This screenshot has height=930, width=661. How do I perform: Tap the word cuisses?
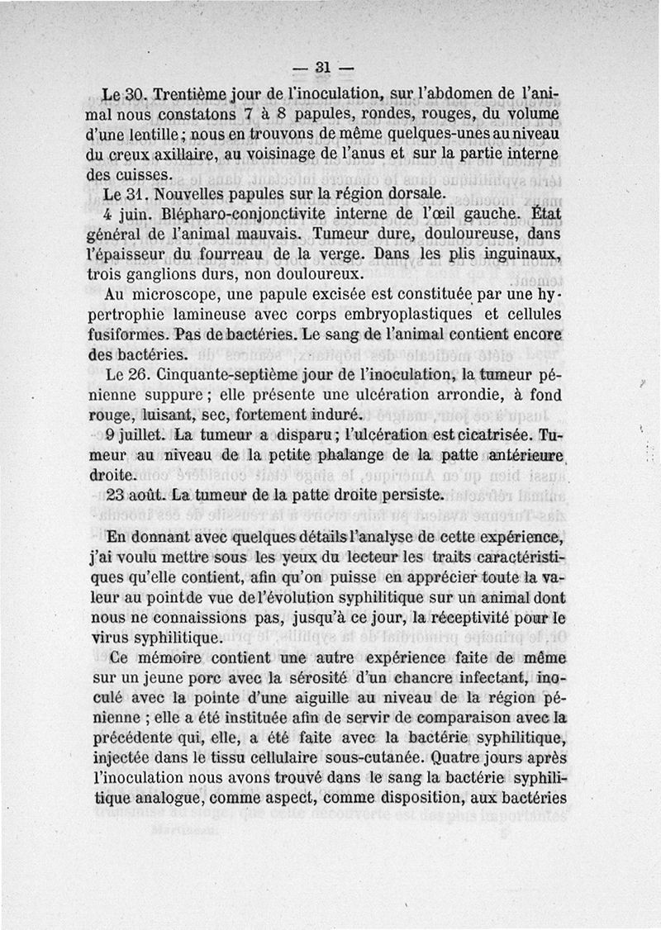[147, 175]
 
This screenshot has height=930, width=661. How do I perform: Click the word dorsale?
[411, 195]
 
